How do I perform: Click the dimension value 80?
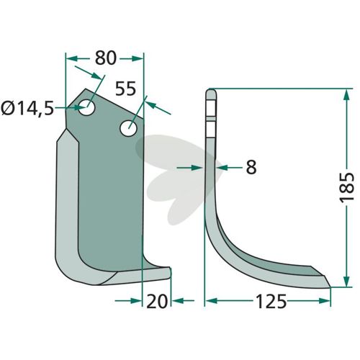tap(106, 58)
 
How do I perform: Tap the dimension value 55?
tap(125, 89)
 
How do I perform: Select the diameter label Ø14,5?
tap(27, 108)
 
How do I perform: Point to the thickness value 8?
tap(251, 167)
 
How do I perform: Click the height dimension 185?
tap(346, 186)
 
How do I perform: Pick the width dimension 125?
tap(271, 302)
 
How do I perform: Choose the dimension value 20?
tap(157, 301)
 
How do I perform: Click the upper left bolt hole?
tap(87, 107)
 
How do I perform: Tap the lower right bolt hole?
tap(128, 128)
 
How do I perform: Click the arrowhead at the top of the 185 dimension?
tap(346, 96)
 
